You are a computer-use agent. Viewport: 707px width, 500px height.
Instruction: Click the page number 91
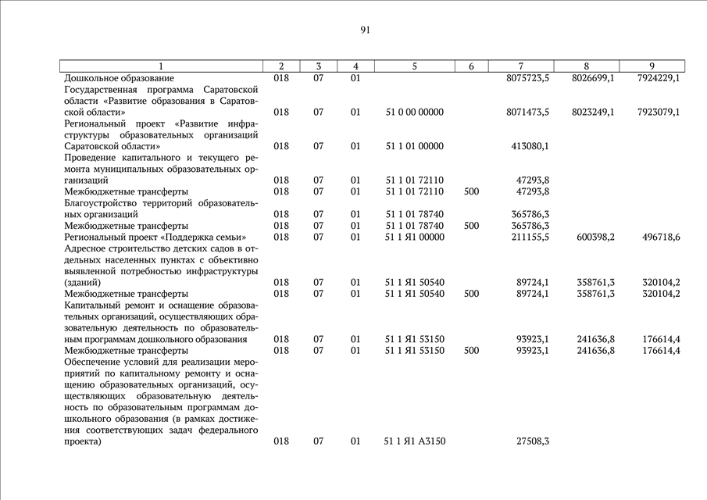click(x=365, y=30)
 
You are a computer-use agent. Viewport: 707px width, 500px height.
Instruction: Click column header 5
click(x=414, y=66)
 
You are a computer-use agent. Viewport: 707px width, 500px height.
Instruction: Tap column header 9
click(x=652, y=66)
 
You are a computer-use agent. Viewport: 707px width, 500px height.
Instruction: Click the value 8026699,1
click(x=592, y=79)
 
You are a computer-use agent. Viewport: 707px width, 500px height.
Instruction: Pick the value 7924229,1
click(x=658, y=79)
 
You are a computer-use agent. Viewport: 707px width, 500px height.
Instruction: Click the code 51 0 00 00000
click(x=414, y=112)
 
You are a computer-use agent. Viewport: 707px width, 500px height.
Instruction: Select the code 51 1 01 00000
click(x=414, y=146)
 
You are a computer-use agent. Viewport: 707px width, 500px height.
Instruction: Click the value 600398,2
click(x=595, y=237)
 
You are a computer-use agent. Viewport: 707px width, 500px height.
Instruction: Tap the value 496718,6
click(x=660, y=237)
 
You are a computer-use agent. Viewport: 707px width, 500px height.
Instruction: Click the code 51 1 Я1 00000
click(x=414, y=237)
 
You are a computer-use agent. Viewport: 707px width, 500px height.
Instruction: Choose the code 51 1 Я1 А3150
click(x=414, y=441)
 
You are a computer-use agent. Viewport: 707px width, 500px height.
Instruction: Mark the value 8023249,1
click(x=592, y=112)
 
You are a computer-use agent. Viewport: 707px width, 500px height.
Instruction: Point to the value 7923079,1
click(x=658, y=112)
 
